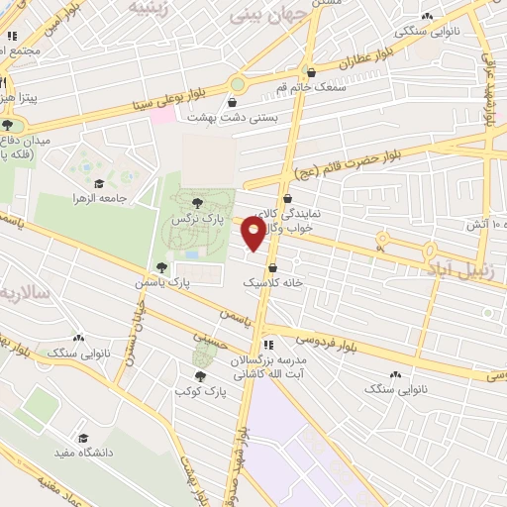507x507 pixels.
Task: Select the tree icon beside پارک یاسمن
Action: (161, 267)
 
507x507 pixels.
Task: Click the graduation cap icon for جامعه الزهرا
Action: (98, 183)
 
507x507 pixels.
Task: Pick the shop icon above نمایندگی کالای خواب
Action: (287, 199)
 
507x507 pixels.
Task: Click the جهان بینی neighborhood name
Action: (258, 17)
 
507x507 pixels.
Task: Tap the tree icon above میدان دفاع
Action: (8, 125)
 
